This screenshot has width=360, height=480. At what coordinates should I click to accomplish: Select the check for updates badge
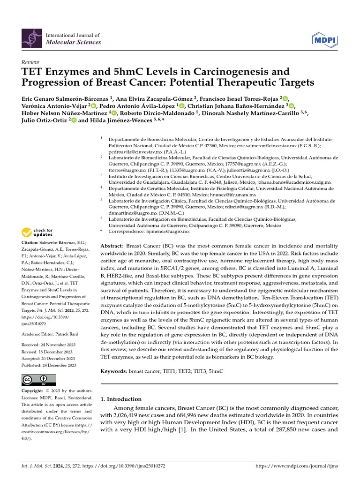pos(37,232)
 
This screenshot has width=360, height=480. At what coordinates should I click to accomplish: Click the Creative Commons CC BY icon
pos(38,380)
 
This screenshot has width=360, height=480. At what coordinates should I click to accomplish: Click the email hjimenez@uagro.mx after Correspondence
pos(166,231)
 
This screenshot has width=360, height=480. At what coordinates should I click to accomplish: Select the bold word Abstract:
pos(112,246)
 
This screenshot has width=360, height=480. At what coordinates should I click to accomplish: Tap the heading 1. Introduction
pos(121,399)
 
